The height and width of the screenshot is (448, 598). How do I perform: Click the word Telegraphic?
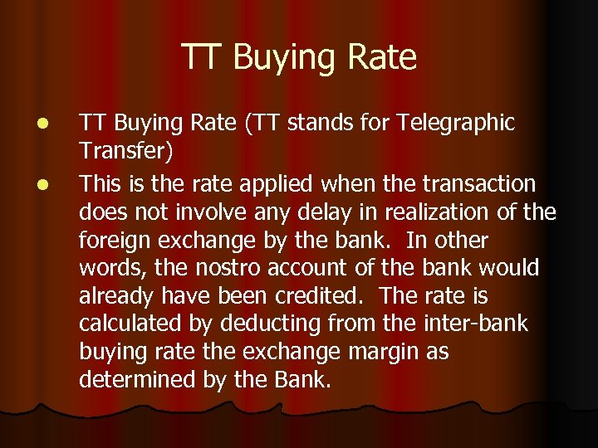[x=456, y=124]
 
